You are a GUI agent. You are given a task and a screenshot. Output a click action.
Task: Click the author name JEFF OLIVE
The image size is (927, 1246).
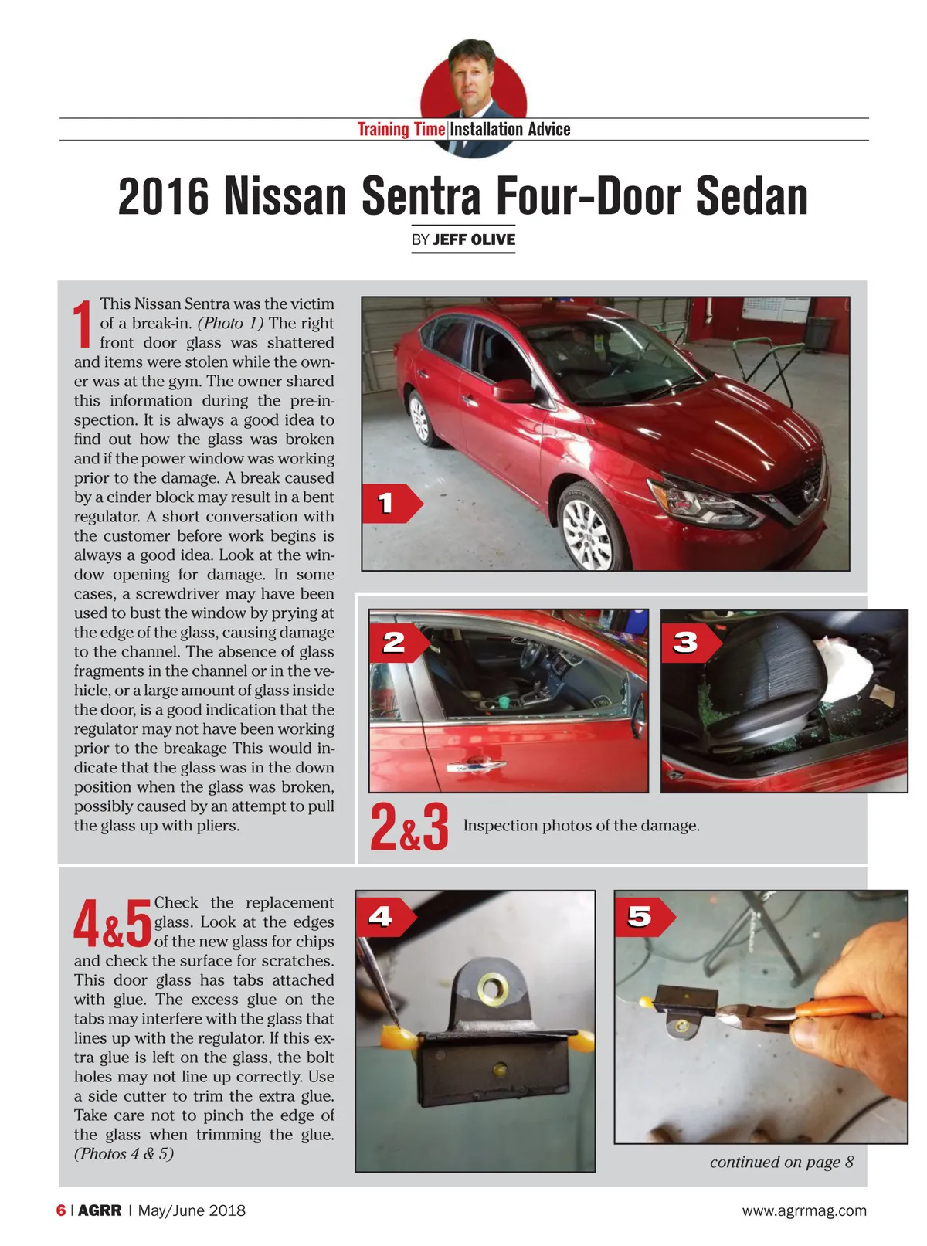474,239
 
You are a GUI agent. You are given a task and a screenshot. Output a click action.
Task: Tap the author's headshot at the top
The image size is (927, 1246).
473,98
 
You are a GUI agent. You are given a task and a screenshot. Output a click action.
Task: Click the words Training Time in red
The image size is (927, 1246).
401,129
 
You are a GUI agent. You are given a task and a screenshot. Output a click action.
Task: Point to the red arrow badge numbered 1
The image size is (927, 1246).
392,504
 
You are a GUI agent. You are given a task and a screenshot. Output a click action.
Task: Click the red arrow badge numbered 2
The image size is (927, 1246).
399,643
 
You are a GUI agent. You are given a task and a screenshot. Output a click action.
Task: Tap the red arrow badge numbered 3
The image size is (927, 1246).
691,643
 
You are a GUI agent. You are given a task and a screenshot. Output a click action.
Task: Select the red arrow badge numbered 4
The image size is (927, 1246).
386,918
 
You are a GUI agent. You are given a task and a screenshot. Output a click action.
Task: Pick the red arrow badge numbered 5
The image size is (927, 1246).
645,918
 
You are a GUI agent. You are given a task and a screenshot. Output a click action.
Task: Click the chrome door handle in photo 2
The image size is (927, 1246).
476,766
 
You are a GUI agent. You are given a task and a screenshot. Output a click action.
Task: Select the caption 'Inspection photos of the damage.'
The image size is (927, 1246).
582,825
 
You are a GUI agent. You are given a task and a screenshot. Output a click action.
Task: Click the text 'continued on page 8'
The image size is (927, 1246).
782,1162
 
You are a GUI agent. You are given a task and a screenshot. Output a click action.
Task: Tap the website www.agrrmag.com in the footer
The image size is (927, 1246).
804,1210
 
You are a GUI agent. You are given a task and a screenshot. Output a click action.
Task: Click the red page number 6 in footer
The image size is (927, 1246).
61,1210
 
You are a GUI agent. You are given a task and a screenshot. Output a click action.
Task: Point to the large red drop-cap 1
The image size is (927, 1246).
83,324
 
